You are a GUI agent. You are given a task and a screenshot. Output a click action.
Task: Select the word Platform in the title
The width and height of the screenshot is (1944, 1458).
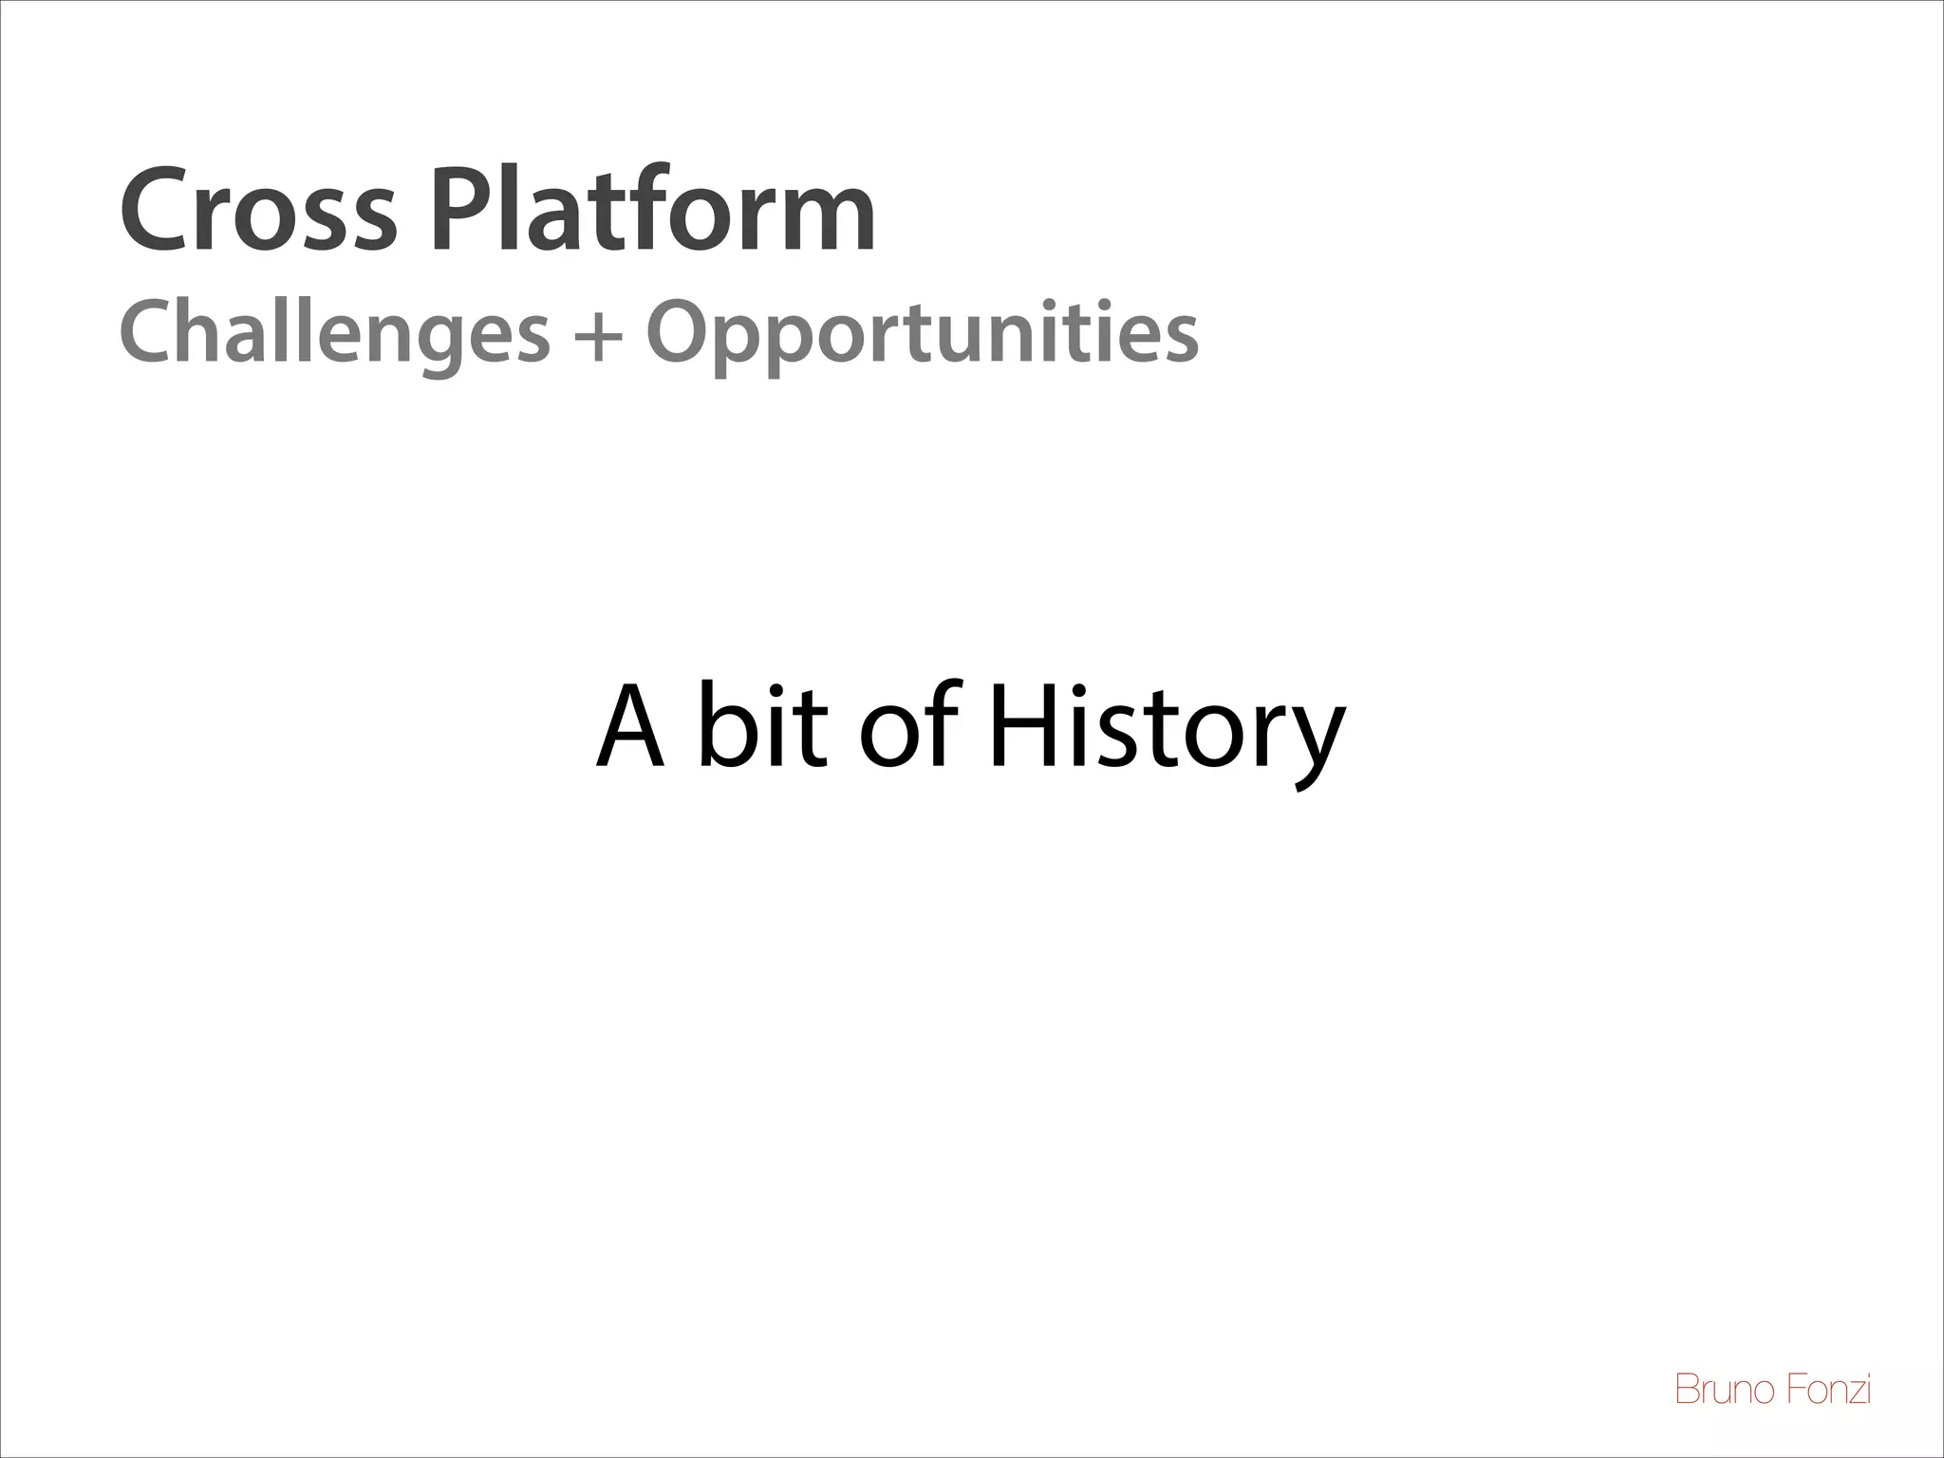[x=653, y=211]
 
